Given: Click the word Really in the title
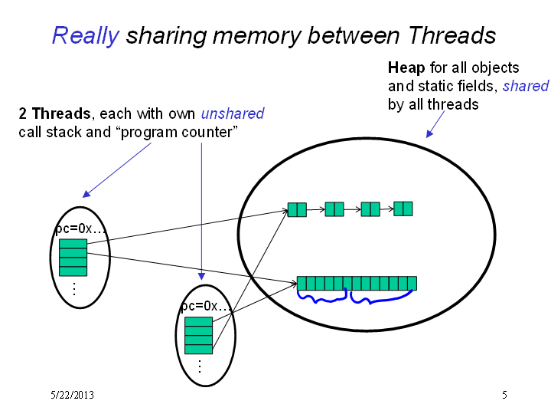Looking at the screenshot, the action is pyautogui.click(x=86, y=36).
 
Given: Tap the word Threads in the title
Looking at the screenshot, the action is pyautogui.click(x=452, y=35).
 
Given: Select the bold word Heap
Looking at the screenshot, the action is pyautogui.click(x=406, y=67).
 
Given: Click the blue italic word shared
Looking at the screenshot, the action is pyautogui.click(x=525, y=86).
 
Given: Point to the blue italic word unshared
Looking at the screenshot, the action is pyautogui.click(x=233, y=113).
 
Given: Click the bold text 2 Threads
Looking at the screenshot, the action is pyautogui.click(x=55, y=113).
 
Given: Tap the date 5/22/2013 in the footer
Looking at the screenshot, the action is pyautogui.click(x=72, y=395).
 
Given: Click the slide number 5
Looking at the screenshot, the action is pyautogui.click(x=504, y=395).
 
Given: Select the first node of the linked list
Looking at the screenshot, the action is pyautogui.click(x=297, y=209).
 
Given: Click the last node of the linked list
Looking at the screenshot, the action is pyautogui.click(x=403, y=209).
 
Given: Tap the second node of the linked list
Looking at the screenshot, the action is pyautogui.click(x=334, y=209).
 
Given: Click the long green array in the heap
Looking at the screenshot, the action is pyautogui.click(x=357, y=284).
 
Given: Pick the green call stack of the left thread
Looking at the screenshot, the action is pyautogui.click(x=73, y=258).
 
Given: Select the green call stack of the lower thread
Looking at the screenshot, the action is pyautogui.click(x=198, y=336).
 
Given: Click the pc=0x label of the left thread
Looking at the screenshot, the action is pyautogui.click(x=80, y=228).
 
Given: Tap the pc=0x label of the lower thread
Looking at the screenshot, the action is pyautogui.click(x=206, y=306).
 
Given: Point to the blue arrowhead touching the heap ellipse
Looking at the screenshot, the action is pyautogui.click(x=429, y=133).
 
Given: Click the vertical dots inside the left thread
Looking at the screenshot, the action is pyautogui.click(x=74, y=289).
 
